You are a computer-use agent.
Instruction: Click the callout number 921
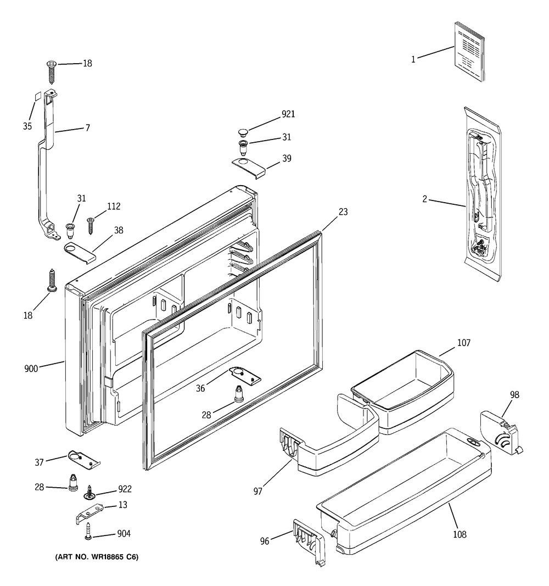(288, 114)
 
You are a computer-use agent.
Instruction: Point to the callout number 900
(31, 369)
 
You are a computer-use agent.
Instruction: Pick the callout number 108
(460, 534)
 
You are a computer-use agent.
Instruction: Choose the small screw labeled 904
(88, 531)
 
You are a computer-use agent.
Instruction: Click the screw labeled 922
(89, 492)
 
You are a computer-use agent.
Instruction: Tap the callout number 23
(343, 212)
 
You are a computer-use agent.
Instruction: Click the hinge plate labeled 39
(248, 166)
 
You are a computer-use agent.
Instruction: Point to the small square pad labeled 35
(37, 97)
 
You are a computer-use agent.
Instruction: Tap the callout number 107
(463, 343)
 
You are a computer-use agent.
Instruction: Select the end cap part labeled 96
(309, 542)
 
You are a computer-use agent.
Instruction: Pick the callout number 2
(424, 199)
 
